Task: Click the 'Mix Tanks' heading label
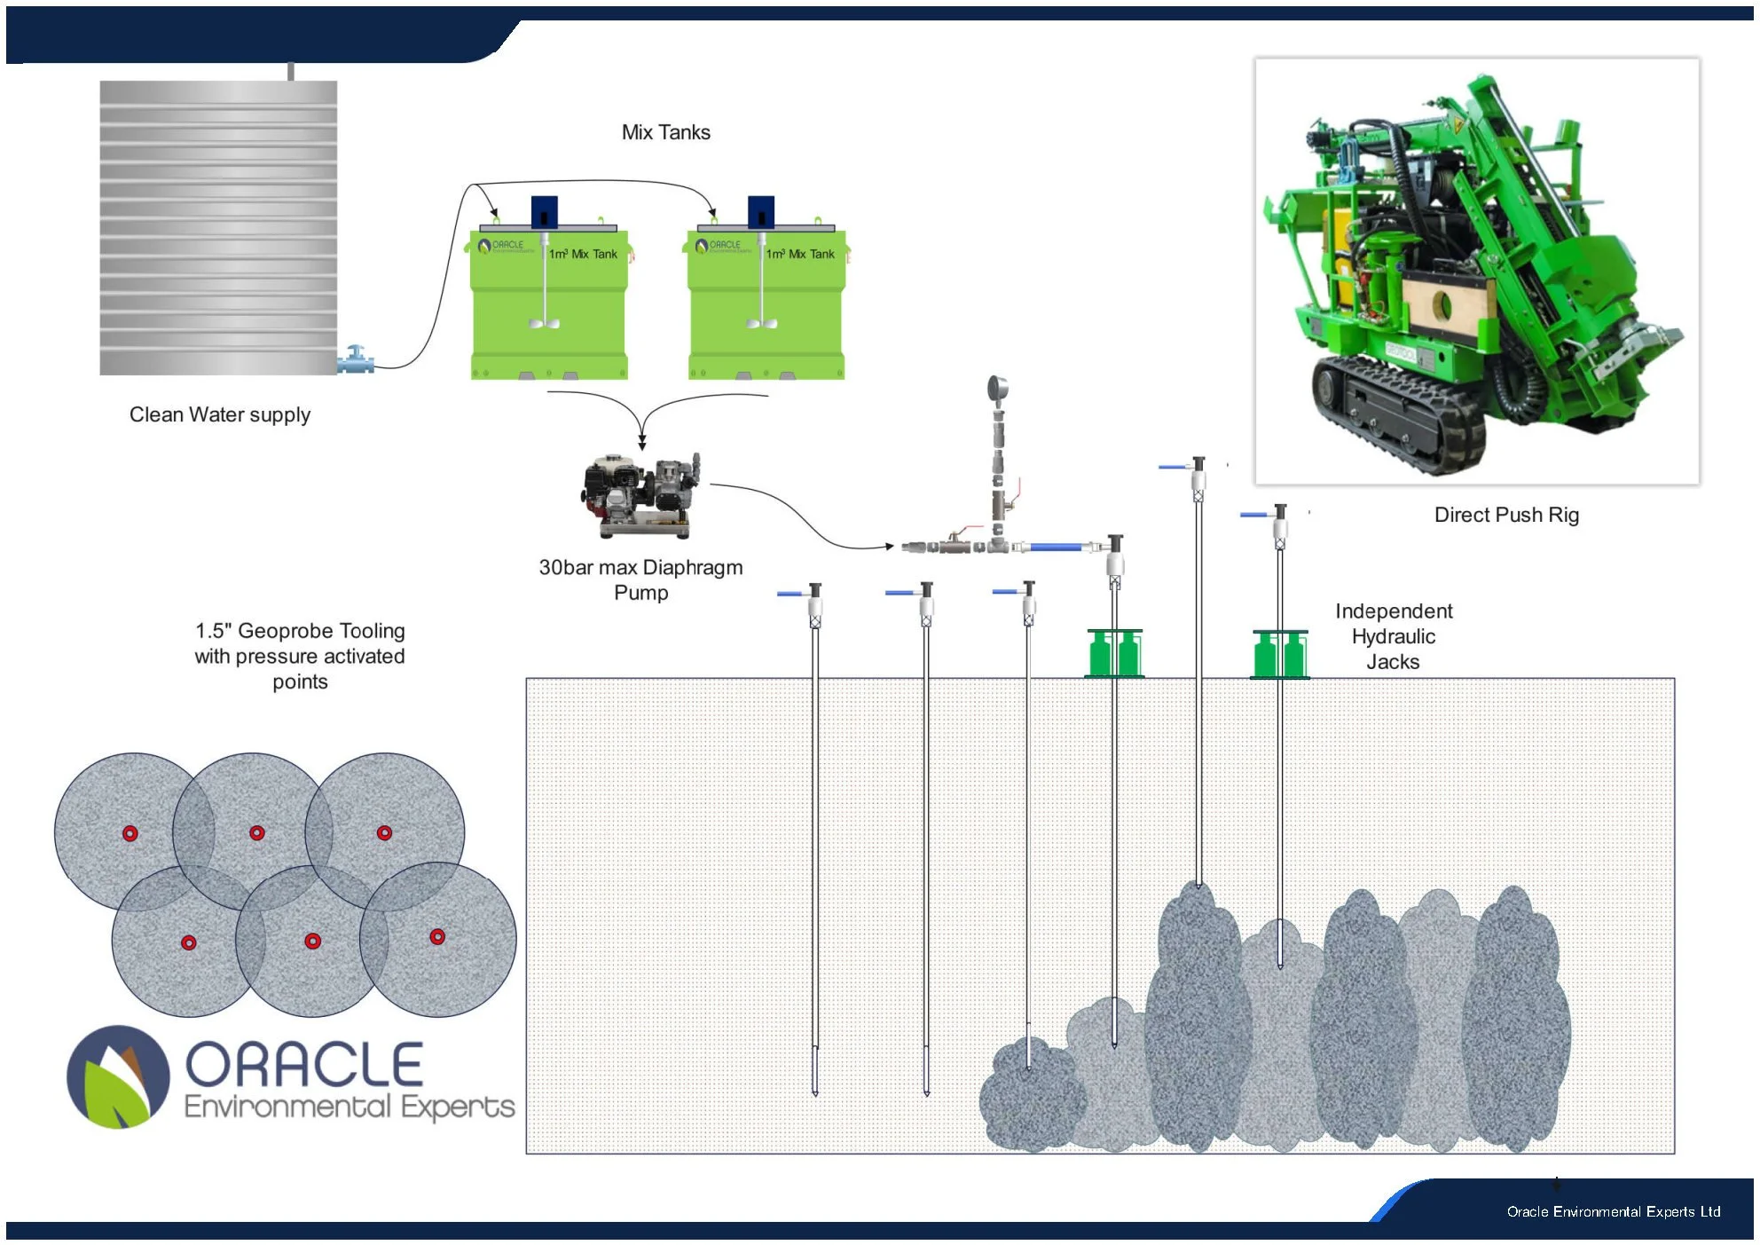(665, 132)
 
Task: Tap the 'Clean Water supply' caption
(220, 414)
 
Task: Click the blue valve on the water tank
(356, 359)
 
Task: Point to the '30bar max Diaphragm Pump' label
(640, 579)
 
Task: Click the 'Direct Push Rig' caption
(1506, 515)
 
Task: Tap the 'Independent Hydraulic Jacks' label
(1393, 636)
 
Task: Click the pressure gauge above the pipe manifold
(998, 389)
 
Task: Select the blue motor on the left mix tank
(544, 212)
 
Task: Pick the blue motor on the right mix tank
(761, 212)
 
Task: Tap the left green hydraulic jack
(1114, 653)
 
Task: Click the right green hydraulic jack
(1280, 654)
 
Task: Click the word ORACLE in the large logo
(303, 1065)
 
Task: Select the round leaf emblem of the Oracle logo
(118, 1076)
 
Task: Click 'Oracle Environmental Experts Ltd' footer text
(1613, 1211)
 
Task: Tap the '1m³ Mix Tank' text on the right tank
(800, 254)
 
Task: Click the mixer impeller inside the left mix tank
(544, 322)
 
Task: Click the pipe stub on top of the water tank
(291, 71)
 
